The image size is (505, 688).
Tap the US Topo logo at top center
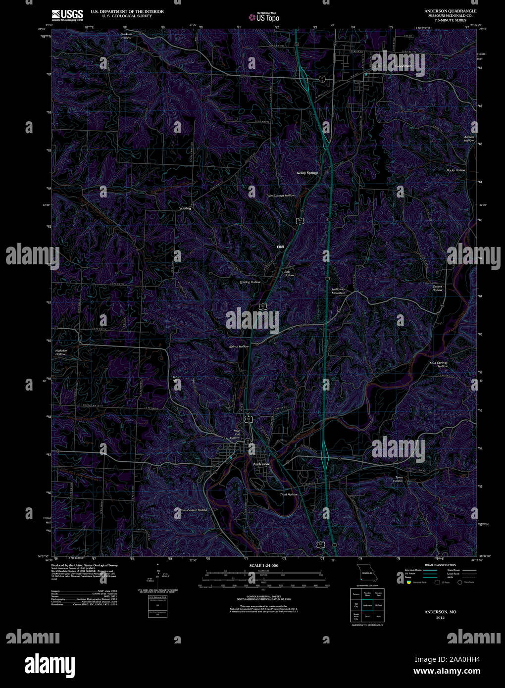coord(264,17)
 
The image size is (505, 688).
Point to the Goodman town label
coord(403,66)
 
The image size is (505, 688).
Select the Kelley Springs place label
coord(307,173)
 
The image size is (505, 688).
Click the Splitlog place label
coord(185,208)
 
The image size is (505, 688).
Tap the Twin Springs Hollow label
coord(280,196)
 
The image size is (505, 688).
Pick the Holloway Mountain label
coord(339,291)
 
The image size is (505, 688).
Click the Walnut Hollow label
coord(239,346)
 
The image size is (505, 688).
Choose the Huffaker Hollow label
coord(61,352)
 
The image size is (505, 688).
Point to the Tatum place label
coord(177,378)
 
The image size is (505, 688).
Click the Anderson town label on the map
coord(261,464)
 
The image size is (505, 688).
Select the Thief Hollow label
coord(289,494)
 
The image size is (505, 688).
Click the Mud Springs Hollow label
coord(439,364)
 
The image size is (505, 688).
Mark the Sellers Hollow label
coord(437,288)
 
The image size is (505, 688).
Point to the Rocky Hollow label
coord(456,170)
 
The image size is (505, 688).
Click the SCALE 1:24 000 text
coord(264,565)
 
